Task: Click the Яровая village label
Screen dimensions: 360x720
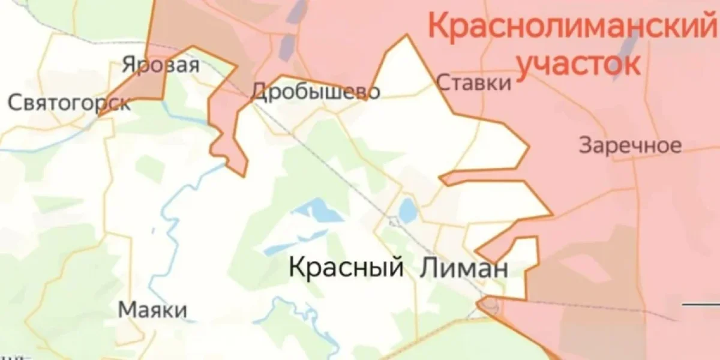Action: pos(160,64)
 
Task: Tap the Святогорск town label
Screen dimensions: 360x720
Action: pos(69,103)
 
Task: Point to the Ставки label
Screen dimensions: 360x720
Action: pos(474,82)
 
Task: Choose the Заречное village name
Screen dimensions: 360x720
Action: pos(630,145)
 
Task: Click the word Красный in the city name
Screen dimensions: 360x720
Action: pos(346,267)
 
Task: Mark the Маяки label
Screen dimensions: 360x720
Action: pos(152,310)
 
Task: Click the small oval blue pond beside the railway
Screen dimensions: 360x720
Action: pos(408,211)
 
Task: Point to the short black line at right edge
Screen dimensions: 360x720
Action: pos(701,304)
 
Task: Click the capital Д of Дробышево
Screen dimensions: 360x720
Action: pos(259,92)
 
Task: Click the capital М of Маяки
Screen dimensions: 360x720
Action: pos(125,310)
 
